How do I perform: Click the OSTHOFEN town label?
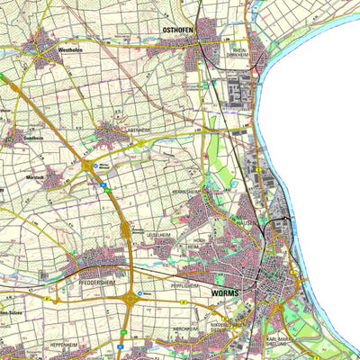177,29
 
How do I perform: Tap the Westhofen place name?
70,50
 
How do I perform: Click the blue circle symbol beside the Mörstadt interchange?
103,165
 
